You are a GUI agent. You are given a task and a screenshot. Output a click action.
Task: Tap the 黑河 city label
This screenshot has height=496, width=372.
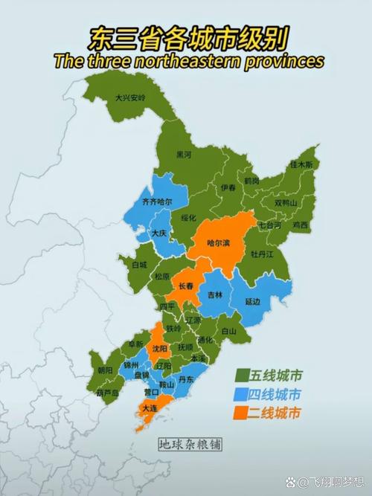(x=184, y=155)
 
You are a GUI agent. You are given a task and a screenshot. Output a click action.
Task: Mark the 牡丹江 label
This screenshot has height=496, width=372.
(x=262, y=254)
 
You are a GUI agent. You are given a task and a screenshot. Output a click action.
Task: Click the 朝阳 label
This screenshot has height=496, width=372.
(x=105, y=370)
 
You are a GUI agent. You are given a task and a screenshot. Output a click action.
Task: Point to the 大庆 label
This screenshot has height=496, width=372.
(x=159, y=233)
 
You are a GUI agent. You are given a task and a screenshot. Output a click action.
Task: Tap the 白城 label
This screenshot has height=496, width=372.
(x=139, y=264)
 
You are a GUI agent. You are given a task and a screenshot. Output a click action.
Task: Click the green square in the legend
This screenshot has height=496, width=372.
(x=242, y=374)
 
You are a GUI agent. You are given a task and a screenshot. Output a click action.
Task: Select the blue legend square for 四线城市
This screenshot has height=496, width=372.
(x=242, y=393)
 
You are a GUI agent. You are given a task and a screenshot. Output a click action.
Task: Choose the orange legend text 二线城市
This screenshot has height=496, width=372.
(x=277, y=412)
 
